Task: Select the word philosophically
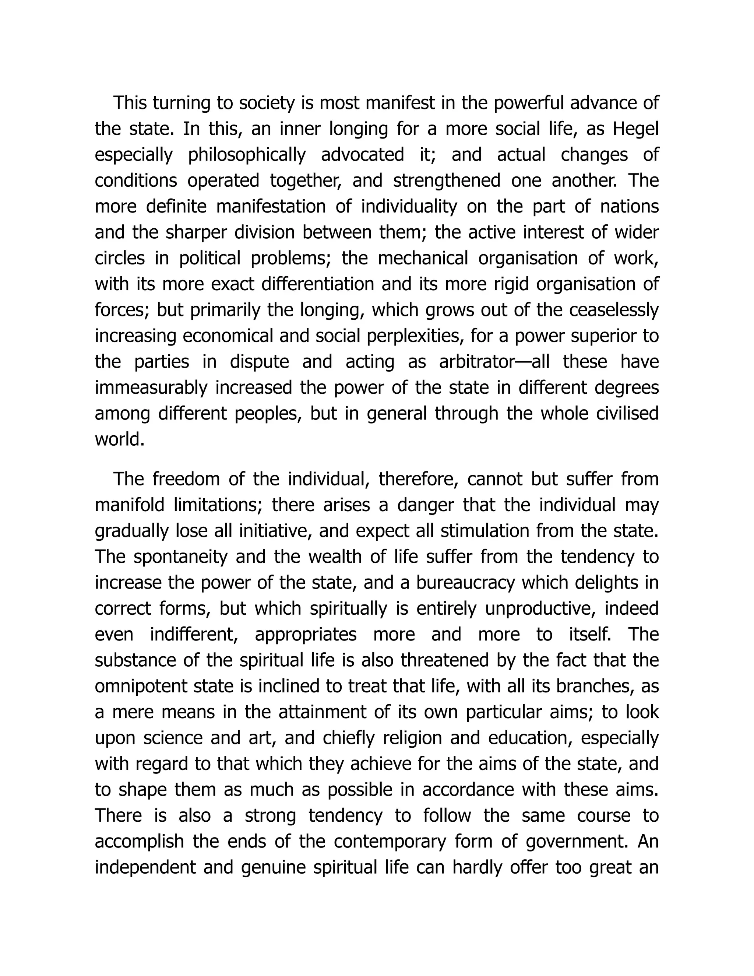(247, 155)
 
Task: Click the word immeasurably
(151, 387)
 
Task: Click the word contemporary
(390, 842)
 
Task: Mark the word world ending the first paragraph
(120, 439)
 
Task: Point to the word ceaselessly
(614, 310)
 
